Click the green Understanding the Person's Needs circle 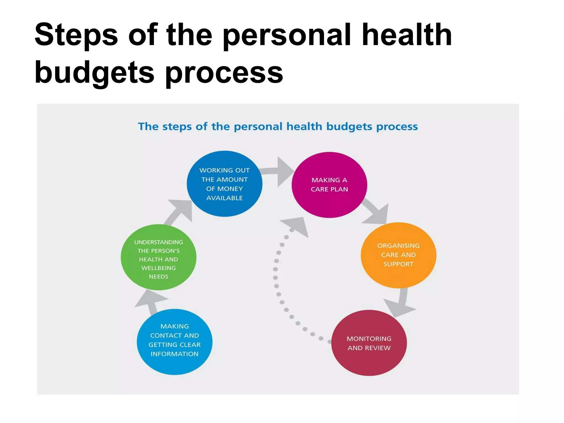click(x=158, y=257)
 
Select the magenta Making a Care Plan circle click(x=329, y=185)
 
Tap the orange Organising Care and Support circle click(x=398, y=255)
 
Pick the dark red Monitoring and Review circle click(x=369, y=343)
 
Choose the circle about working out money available click(x=224, y=184)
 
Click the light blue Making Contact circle click(x=174, y=342)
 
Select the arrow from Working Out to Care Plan click(x=278, y=171)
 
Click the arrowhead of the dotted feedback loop click(x=297, y=226)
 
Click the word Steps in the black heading click(x=76, y=35)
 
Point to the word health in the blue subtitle click(x=304, y=126)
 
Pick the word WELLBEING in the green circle click(x=158, y=268)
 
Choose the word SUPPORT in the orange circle click(x=398, y=264)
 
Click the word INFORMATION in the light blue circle click(x=174, y=354)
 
